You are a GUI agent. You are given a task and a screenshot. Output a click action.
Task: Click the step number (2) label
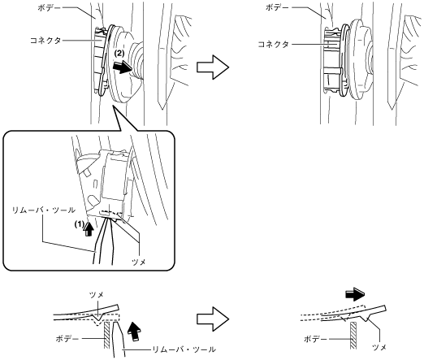coord(119,54)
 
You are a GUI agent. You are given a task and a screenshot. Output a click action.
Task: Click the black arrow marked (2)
coord(123,67)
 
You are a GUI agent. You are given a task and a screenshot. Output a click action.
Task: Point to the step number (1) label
coord(80,224)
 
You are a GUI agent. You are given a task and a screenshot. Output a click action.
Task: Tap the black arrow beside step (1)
coord(89,229)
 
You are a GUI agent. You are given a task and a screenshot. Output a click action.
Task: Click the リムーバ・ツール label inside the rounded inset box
coord(44,210)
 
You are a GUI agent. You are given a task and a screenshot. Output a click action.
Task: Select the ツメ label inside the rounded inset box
coord(139,262)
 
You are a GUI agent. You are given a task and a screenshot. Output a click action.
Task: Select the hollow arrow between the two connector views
coord(213,67)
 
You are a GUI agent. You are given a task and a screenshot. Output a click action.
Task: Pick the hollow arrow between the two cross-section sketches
coord(213,319)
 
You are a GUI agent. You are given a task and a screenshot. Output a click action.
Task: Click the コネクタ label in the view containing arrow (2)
coord(45,41)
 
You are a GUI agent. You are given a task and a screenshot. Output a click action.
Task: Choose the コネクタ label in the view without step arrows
coord(274,45)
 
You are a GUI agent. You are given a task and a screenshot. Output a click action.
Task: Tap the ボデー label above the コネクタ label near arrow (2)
coord(50,8)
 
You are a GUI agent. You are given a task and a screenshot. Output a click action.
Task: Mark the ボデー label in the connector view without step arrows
coord(277,8)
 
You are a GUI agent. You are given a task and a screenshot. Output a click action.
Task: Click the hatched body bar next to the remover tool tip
coord(107,335)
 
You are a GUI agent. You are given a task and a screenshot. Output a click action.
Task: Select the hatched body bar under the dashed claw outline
coord(353,336)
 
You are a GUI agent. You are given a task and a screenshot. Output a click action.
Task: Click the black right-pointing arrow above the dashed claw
coord(355,295)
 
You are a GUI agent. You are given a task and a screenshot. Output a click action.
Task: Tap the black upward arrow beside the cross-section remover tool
coord(135,331)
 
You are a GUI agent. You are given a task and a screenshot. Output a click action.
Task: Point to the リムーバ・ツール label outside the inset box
coord(184,349)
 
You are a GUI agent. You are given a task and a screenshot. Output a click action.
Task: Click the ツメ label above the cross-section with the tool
coord(97,295)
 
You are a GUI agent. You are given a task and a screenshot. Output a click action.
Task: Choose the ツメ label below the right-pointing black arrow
coord(379,347)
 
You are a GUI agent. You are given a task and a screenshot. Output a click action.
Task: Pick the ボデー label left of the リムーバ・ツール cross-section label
coord(67,339)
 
